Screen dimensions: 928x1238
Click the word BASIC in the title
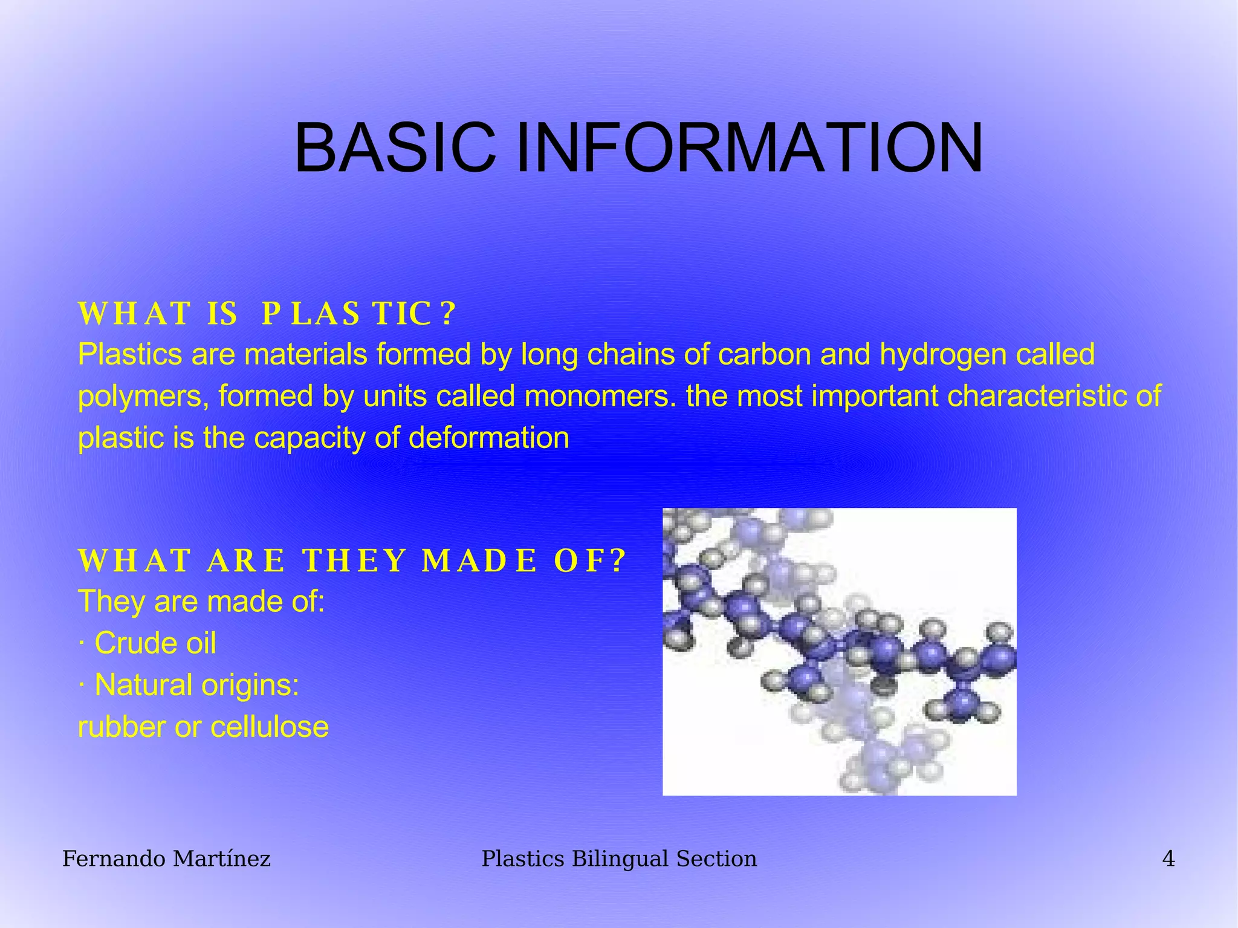[x=394, y=148]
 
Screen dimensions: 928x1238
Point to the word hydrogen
[x=942, y=354]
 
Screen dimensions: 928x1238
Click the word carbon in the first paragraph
[x=765, y=354]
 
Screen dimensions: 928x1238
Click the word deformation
[x=489, y=438]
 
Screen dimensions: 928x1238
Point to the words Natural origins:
[x=197, y=685]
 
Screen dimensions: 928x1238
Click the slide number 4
[x=1168, y=858]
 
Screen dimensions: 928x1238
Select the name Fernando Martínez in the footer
[x=166, y=858]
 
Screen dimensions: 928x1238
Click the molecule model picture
[x=839, y=651]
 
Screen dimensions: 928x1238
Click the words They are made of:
[x=201, y=601]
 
